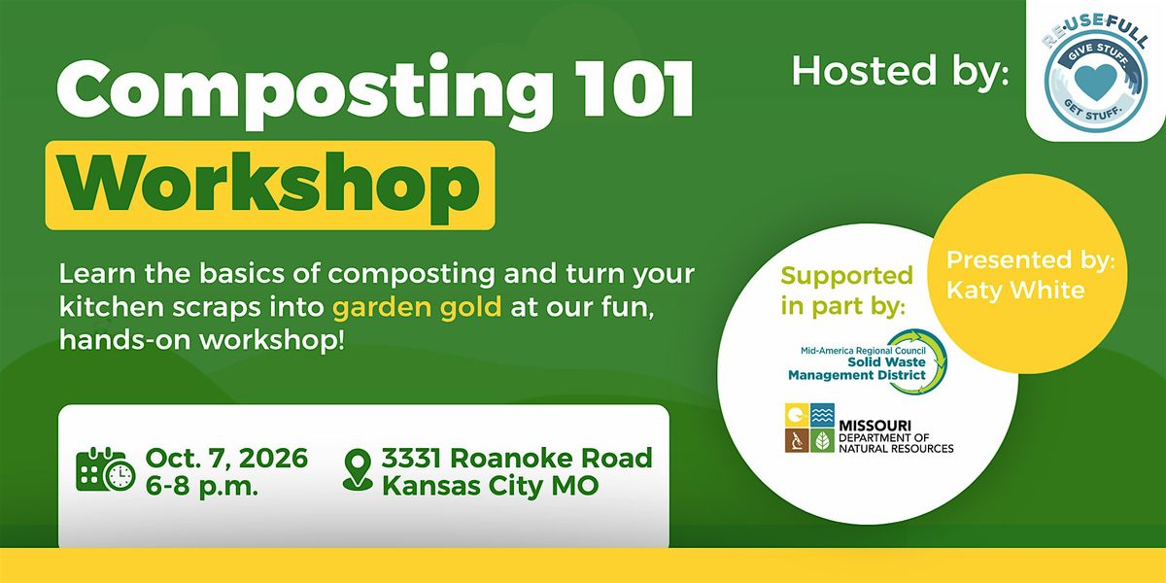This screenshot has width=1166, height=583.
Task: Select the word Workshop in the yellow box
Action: (x=270, y=186)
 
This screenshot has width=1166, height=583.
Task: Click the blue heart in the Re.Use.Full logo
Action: (x=1095, y=82)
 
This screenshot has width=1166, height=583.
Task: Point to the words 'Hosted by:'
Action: (x=901, y=70)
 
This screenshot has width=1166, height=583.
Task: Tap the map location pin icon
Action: (x=358, y=470)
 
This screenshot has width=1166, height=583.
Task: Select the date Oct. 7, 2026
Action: (x=227, y=458)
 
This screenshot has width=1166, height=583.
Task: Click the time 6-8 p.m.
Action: (x=202, y=487)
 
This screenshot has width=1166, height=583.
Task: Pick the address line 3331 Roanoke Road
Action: (x=517, y=458)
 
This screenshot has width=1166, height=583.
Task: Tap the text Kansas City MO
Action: (x=491, y=486)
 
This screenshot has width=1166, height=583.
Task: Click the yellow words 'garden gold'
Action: (x=417, y=307)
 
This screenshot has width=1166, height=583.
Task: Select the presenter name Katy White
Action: (x=1015, y=290)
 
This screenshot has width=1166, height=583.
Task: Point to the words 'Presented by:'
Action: (x=1031, y=260)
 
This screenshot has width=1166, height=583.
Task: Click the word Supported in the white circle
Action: (x=847, y=276)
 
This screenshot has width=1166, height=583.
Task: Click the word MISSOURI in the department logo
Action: (x=874, y=426)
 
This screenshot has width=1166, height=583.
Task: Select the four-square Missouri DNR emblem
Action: (x=810, y=428)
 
